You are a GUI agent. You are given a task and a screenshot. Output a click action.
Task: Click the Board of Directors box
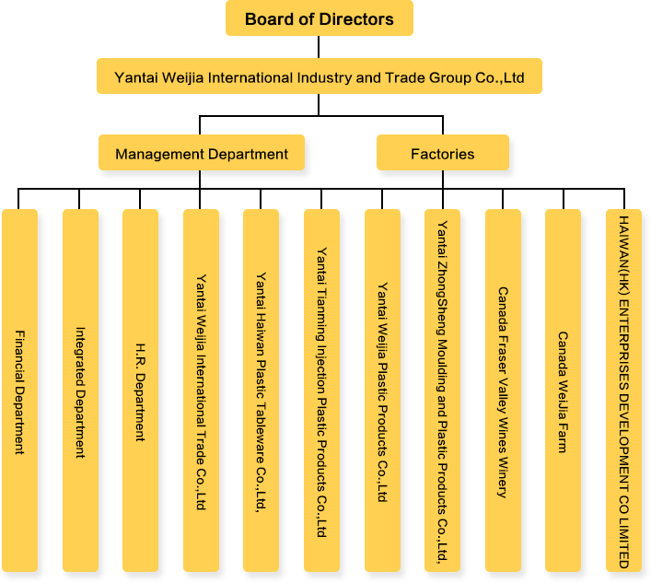(319, 18)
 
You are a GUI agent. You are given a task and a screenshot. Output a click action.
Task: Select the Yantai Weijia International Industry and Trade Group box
(319, 77)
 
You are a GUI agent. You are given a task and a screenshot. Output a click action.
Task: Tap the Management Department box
(202, 154)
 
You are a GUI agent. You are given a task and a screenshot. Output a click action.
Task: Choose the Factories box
(442, 154)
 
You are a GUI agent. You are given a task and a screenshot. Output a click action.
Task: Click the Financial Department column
(19, 391)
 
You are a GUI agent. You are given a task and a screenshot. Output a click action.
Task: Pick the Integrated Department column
(79, 391)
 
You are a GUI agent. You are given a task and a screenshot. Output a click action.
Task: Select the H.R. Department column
(140, 391)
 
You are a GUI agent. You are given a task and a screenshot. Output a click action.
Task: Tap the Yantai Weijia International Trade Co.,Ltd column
(201, 391)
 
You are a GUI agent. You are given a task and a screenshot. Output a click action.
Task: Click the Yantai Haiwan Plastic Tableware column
(261, 391)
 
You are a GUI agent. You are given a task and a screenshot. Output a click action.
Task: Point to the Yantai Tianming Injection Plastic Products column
(321, 391)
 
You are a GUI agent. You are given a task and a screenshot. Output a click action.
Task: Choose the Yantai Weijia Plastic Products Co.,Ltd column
(381, 391)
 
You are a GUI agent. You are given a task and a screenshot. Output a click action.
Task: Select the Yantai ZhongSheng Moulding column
(442, 391)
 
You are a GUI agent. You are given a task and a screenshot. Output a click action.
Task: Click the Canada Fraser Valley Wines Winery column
(503, 391)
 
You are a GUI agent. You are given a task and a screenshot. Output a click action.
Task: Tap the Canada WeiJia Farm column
(563, 391)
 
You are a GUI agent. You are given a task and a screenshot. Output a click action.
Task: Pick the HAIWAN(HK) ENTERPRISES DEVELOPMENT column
(623, 391)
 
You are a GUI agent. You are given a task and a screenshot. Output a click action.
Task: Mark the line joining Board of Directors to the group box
(319, 47)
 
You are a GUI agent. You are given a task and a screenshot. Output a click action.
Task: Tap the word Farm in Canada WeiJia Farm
(563, 438)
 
